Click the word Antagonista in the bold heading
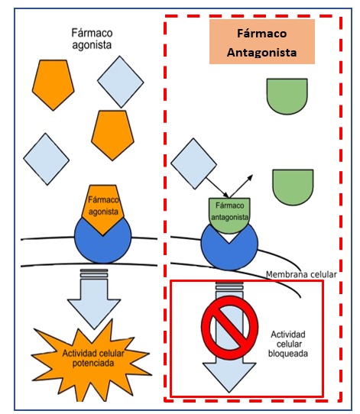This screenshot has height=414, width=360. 261,52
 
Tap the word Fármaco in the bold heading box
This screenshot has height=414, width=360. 261,34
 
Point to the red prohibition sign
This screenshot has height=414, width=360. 229,328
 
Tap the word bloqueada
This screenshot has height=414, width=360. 288,354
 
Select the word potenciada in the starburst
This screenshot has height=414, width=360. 93,364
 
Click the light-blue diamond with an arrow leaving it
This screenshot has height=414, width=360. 193,163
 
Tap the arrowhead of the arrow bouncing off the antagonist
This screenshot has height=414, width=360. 251,177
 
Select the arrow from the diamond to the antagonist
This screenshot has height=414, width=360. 217,188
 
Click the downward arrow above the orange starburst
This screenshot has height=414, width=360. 94,299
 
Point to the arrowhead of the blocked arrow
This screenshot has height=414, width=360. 229,377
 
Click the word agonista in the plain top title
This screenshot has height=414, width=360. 92,45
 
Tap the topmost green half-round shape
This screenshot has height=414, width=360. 287,96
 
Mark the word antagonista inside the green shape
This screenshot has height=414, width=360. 230,217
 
